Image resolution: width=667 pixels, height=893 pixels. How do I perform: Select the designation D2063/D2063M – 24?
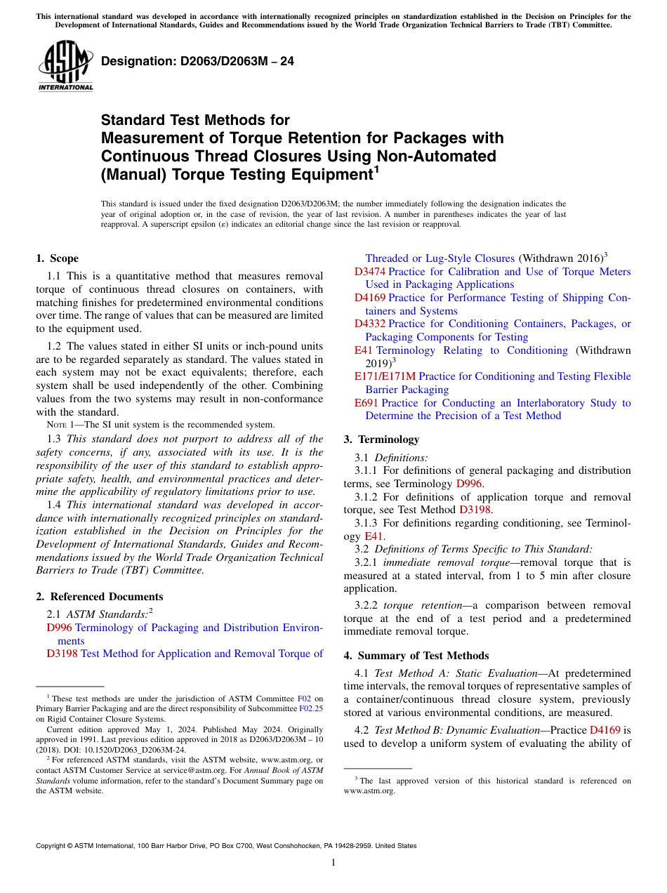[x=197, y=62]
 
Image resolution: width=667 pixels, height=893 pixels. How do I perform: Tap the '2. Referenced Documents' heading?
[x=99, y=597]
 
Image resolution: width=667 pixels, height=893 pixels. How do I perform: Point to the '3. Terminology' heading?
[x=381, y=439]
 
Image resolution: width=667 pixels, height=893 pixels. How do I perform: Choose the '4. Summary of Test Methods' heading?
[x=416, y=656]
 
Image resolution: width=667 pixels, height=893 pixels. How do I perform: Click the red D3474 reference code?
[x=369, y=272]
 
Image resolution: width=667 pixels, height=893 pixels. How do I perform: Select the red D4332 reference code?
[x=369, y=324]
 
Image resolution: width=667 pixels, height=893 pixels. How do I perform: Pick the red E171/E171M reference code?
[x=385, y=376]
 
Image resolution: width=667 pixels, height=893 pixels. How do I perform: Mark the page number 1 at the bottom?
[x=333, y=862]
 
